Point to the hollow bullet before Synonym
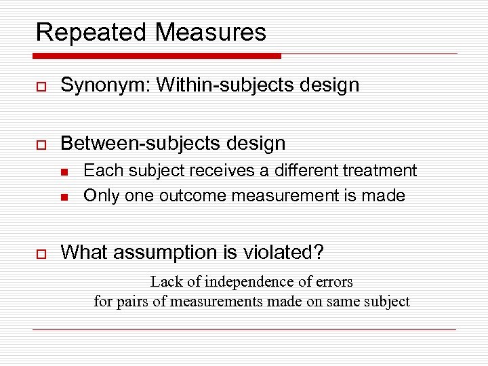(x=40, y=85)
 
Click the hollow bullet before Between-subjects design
(x=40, y=144)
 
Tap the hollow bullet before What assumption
(x=40, y=253)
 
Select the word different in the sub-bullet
(x=306, y=171)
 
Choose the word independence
(x=255, y=281)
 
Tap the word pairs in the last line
(x=133, y=301)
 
